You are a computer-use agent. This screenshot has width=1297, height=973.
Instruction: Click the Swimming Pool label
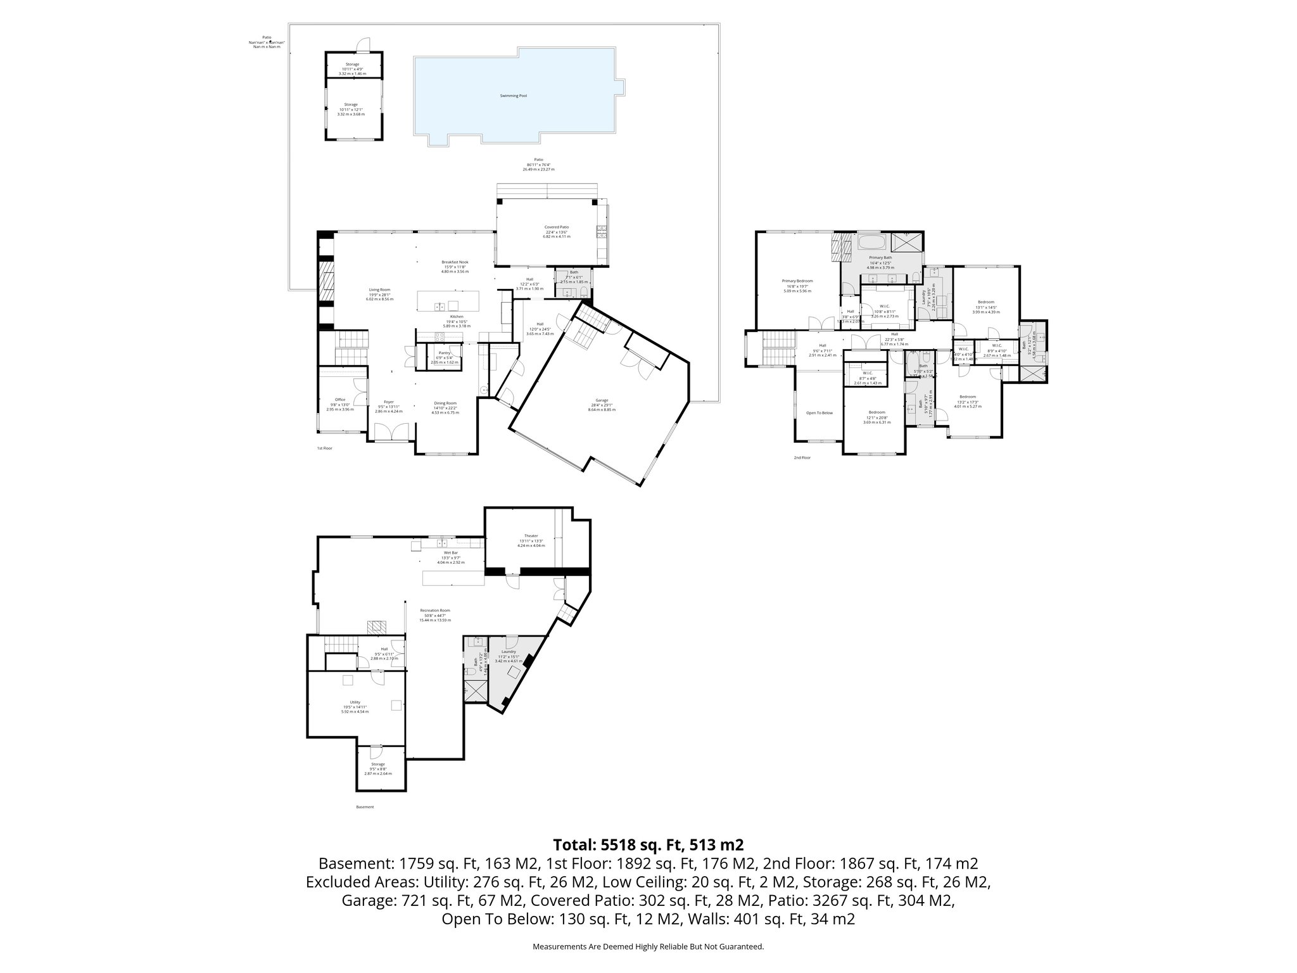[514, 96]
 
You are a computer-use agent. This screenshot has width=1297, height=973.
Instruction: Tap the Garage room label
[602, 400]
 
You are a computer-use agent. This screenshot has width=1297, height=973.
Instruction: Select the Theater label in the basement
[531, 536]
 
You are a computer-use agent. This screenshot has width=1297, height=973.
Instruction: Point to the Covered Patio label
[557, 227]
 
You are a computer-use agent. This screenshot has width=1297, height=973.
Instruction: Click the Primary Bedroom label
[797, 281]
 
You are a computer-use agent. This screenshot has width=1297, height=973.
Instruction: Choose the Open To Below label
[819, 413]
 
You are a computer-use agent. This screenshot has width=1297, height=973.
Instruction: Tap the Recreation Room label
[435, 611]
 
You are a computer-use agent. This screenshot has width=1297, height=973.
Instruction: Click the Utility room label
[355, 703]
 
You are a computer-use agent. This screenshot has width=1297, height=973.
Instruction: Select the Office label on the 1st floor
[340, 400]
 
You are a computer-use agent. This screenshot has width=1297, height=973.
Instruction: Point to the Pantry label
[444, 353]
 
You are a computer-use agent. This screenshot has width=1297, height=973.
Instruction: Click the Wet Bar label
[450, 553]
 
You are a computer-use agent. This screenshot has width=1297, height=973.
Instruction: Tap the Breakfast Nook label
[455, 262]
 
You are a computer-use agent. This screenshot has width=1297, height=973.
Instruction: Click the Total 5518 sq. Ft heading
[648, 844]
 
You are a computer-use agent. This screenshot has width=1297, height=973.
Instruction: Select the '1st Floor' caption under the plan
[324, 448]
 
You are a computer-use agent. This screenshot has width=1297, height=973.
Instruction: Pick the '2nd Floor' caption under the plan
[802, 457]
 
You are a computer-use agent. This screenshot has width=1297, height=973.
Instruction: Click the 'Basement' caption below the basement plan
[365, 807]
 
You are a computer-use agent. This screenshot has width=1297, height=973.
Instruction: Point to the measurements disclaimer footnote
[648, 946]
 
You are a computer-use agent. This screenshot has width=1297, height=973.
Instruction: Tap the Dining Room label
[445, 403]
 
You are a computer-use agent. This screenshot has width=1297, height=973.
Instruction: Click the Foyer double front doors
[390, 433]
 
